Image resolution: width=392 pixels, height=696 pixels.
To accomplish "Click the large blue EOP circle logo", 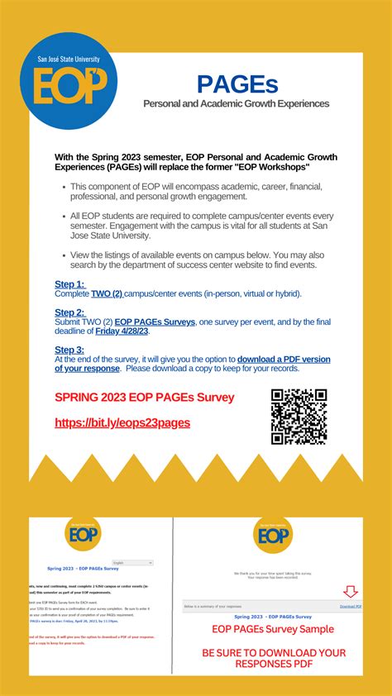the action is [x=70, y=81].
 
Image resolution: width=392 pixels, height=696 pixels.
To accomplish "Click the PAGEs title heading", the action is [x=237, y=83].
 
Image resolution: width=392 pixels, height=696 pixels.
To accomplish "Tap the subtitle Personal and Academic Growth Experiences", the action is [x=237, y=104].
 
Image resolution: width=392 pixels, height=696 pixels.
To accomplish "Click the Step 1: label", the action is [x=69, y=284].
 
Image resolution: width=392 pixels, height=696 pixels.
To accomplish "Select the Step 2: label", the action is [x=69, y=312].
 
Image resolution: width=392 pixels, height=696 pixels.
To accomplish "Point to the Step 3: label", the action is [x=69, y=350].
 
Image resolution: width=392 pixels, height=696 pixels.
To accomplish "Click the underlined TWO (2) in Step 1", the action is [x=107, y=293].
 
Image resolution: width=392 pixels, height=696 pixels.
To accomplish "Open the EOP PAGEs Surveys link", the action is [x=155, y=322].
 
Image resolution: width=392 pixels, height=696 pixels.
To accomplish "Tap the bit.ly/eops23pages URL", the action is [x=122, y=422].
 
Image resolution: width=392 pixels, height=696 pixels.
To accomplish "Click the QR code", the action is [x=299, y=417].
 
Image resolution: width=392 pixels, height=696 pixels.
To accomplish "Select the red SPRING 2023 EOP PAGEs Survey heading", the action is [x=145, y=398].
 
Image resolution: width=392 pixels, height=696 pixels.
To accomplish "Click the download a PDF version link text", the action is [x=284, y=360].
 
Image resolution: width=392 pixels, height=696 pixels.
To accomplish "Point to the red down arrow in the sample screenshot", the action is [x=351, y=592].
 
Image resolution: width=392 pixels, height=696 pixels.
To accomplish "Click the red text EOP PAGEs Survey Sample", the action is [x=273, y=630].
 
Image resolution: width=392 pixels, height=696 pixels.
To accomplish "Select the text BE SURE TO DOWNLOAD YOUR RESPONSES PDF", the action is [x=273, y=658].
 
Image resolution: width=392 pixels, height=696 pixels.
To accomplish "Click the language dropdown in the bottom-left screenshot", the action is [x=132, y=563].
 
